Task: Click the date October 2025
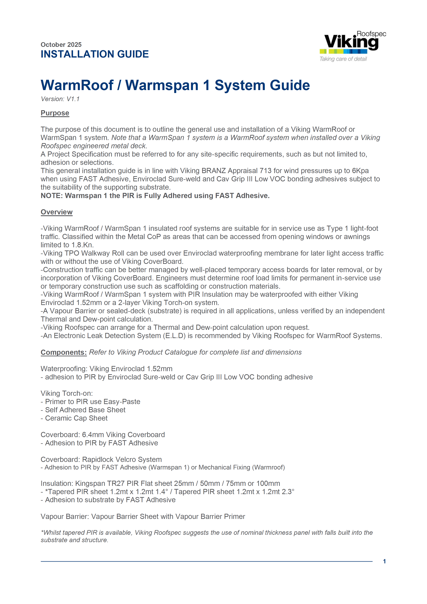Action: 61,45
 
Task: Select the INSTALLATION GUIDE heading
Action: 95,54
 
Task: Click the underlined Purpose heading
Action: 55,113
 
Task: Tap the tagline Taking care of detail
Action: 343,59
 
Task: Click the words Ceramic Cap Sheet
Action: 76,418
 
